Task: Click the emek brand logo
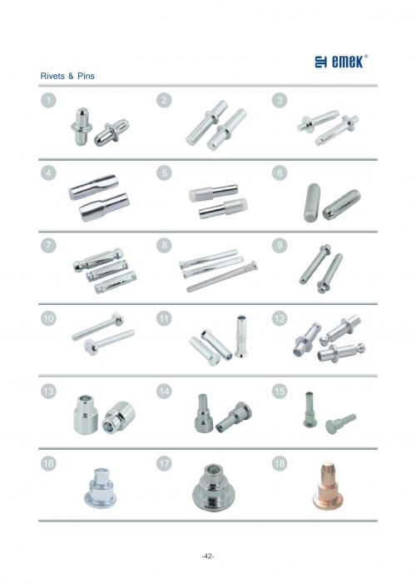[341, 62]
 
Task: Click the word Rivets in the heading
[52, 76]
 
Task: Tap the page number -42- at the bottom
[208, 557]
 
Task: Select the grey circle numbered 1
[48, 100]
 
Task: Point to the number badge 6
[280, 172]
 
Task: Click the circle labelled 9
[280, 246]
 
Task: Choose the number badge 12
[280, 318]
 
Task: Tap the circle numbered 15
[280, 391]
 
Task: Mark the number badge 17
[164, 464]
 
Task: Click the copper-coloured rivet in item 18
[324, 486]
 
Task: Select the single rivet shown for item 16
[100, 488]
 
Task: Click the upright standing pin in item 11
[241, 337]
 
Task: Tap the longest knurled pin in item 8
[222, 277]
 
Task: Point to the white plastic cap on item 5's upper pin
[196, 194]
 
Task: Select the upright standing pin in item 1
[82, 127]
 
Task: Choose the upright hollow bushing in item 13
[86, 415]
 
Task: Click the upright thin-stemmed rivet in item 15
[310, 409]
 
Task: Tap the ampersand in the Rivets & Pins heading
[71, 77]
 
